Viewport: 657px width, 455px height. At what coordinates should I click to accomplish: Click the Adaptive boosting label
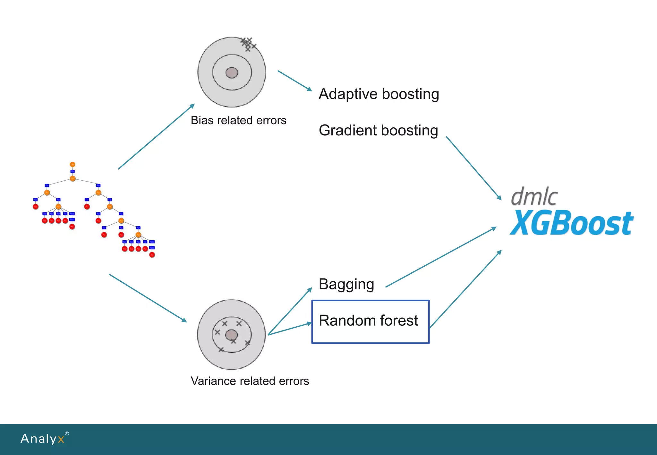point(379,94)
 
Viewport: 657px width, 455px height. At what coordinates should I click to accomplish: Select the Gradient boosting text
point(378,131)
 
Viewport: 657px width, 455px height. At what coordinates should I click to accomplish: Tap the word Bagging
point(346,284)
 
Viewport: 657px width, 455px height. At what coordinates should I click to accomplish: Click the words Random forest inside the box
point(368,321)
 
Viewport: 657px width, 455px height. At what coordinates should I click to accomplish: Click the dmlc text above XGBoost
point(534,196)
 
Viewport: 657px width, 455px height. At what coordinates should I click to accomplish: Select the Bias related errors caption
point(238,120)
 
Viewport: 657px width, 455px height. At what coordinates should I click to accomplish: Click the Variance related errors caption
point(250,381)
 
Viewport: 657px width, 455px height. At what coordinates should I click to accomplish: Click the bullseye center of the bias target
point(232,73)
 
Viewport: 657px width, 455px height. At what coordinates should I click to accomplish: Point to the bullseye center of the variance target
point(231,335)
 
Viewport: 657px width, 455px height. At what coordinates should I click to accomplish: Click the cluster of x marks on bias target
point(248,44)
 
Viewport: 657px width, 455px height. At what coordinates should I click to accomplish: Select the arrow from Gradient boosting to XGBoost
point(474,168)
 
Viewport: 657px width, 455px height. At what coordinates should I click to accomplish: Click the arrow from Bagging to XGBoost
point(441,257)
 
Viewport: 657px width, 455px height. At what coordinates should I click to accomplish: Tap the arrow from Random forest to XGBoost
point(465,289)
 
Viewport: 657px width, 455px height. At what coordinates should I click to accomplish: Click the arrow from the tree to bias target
point(156,136)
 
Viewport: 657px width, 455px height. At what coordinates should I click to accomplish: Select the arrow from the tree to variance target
point(148,298)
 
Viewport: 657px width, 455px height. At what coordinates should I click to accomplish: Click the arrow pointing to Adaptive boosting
point(294,81)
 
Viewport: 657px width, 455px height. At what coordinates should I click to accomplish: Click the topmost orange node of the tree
point(73,164)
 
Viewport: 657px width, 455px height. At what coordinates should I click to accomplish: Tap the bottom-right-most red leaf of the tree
point(152,255)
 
